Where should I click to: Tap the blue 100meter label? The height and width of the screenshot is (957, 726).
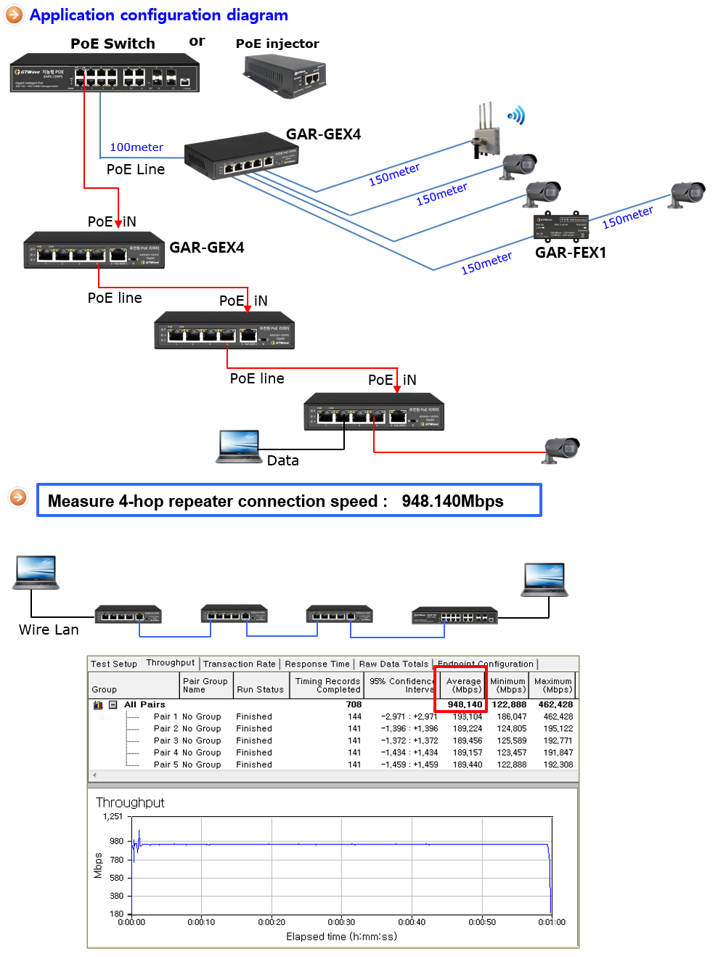(136, 147)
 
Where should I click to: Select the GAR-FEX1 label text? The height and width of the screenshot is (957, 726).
(570, 253)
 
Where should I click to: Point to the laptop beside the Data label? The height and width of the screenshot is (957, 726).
(239, 447)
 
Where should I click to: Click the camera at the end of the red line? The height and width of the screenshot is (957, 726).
(562, 449)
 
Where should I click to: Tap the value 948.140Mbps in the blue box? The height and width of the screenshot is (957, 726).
(452, 501)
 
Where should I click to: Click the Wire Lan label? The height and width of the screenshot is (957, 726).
(49, 630)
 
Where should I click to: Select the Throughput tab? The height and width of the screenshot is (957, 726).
(170, 663)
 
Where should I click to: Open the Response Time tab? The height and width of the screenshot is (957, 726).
(317, 664)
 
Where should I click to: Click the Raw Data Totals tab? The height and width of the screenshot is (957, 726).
(393, 664)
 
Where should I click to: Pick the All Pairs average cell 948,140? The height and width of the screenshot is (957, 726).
(465, 704)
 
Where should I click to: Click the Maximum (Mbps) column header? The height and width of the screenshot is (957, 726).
(553, 685)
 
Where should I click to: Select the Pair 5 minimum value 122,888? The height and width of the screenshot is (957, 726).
(511, 765)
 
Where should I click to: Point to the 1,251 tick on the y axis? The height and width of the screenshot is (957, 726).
(113, 817)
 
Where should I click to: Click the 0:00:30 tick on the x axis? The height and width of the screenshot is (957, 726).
(341, 922)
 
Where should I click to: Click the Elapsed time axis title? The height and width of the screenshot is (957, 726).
(341, 937)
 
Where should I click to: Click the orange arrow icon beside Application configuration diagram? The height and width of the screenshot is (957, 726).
(15, 15)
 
